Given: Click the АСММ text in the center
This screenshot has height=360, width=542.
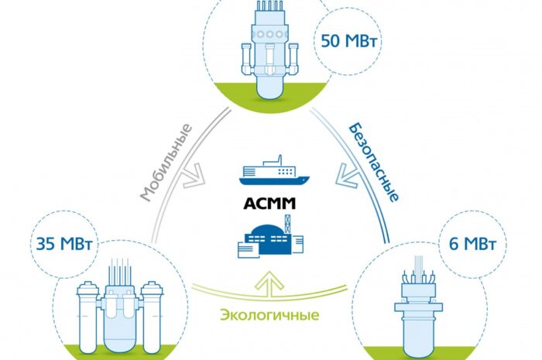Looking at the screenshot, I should click(270, 207).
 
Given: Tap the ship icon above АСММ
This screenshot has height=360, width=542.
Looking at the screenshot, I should click(271, 176).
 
